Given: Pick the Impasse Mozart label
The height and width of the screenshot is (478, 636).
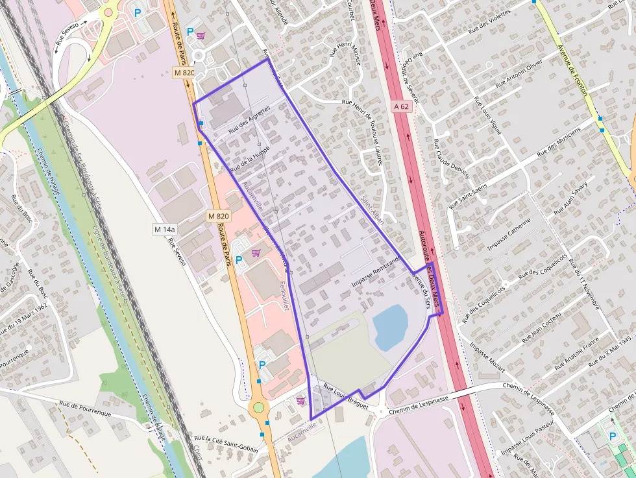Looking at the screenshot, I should point(487,356).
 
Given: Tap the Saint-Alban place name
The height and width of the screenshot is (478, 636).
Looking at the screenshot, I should point(373,210).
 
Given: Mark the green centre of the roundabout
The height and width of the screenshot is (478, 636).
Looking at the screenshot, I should point(259,407).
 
